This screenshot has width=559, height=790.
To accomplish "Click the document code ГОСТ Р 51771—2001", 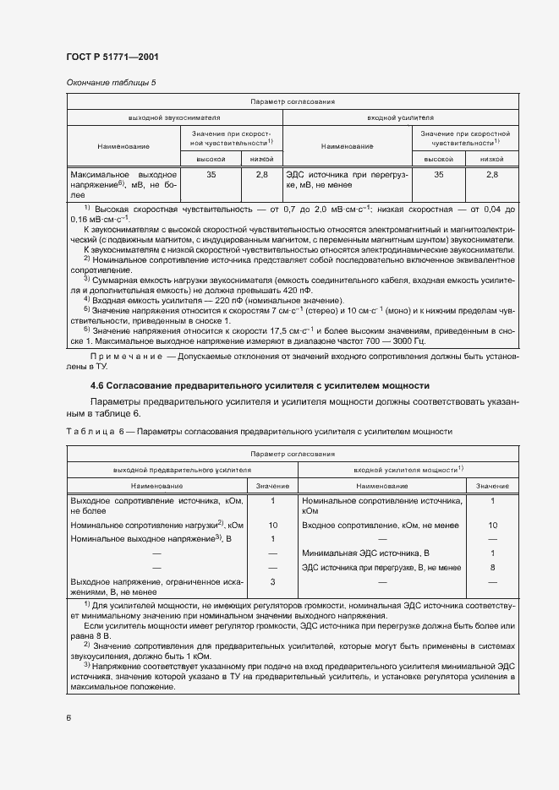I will [x=112, y=57].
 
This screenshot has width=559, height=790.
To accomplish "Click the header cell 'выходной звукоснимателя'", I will [x=174, y=118].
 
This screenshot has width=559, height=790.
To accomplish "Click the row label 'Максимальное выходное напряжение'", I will [x=123, y=182].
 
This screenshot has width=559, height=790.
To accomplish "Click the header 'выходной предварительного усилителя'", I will [x=178, y=469].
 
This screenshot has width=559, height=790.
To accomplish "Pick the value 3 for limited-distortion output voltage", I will [x=272, y=582].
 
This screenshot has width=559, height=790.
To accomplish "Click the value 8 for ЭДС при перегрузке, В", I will [x=492, y=567].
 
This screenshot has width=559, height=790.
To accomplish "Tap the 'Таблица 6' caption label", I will [x=93, y=431].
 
